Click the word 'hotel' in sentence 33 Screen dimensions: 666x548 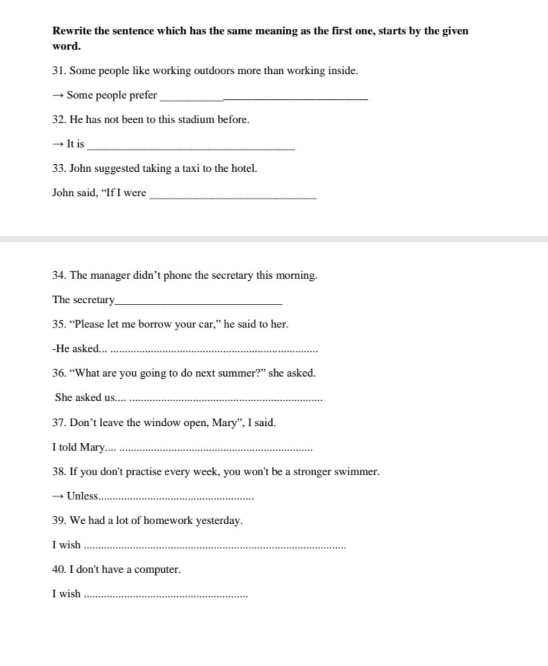[243, 169]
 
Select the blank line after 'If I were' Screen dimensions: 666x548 [233, 198]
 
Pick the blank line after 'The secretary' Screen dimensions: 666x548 [199, 303]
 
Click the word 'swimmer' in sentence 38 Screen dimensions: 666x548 [356, 472]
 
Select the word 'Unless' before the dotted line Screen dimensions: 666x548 [82, 496]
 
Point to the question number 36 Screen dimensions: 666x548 [58, 373]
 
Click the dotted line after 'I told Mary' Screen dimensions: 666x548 [216, 450]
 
